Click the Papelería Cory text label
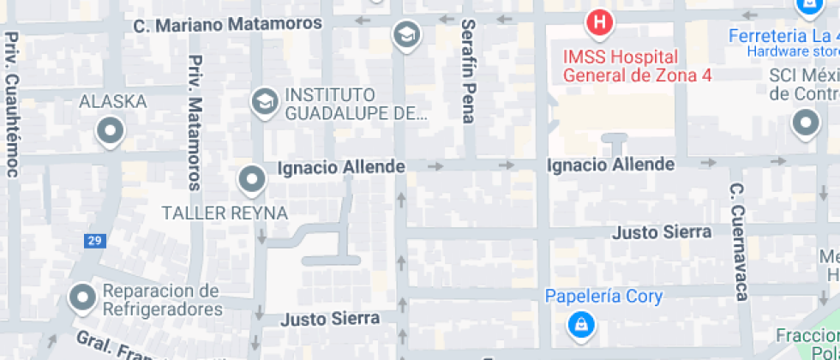pyautogui.click(x=604, y=297)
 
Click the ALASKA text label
pyautogui.click(x=112, y=102)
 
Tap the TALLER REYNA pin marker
pyautogui.click(x=251, y=180)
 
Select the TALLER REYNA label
pyautogui.click(x=225, y=213)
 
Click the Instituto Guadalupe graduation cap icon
pyautogui.click(x=264, y=102)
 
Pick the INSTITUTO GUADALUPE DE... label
pyautogui.click(x=356, y=103)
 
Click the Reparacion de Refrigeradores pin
pyautogui.click(x=82, y=297)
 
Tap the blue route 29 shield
pyautogui.click(x=94, y=242)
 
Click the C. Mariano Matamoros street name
pyautogui.click(x=228, y=25)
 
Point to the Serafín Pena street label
pyautogui.click(x=468, y=71)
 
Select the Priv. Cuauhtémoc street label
pyautogui.click(x=12, y=105)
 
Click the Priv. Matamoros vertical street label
pyautogui.click(x=195, y=123)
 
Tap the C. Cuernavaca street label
pyautogui.click(x=739, y=242)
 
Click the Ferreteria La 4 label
pyautogui.click(x=780, y=36)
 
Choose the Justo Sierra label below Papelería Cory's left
pyautogui.click(x=331, y=319)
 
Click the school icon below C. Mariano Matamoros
pyautogui.click(x=405, y=35)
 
